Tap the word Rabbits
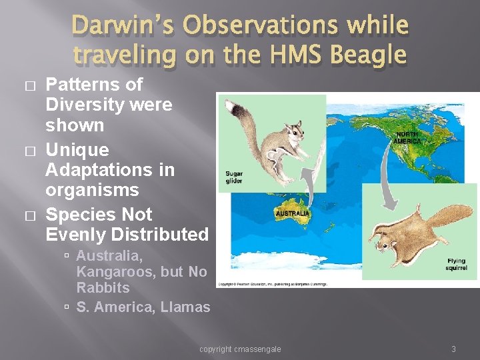coord(103,288)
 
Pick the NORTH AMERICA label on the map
coord(406,137)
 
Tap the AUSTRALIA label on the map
coord(292,214)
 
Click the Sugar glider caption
coord(234,177)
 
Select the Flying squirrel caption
coord(456,265)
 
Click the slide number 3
coord(453,349)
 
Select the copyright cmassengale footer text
coord(240,349)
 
